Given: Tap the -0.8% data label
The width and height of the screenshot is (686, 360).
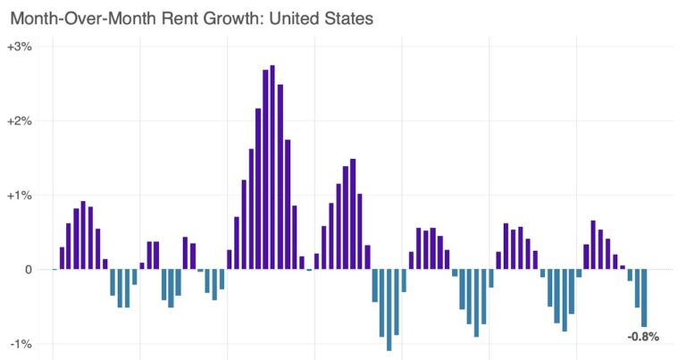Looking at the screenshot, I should point(643,337).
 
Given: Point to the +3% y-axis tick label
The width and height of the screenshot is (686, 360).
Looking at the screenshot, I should point(19,46).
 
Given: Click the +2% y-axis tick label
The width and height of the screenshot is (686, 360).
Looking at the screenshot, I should point(19,121).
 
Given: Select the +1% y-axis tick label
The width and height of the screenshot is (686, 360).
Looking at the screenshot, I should point(19,195).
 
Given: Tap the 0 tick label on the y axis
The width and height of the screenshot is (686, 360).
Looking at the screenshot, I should point(29,269).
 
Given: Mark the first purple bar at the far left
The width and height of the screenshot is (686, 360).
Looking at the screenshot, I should point(62,258).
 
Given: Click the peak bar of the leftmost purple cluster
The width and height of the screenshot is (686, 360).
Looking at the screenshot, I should point(83,235).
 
